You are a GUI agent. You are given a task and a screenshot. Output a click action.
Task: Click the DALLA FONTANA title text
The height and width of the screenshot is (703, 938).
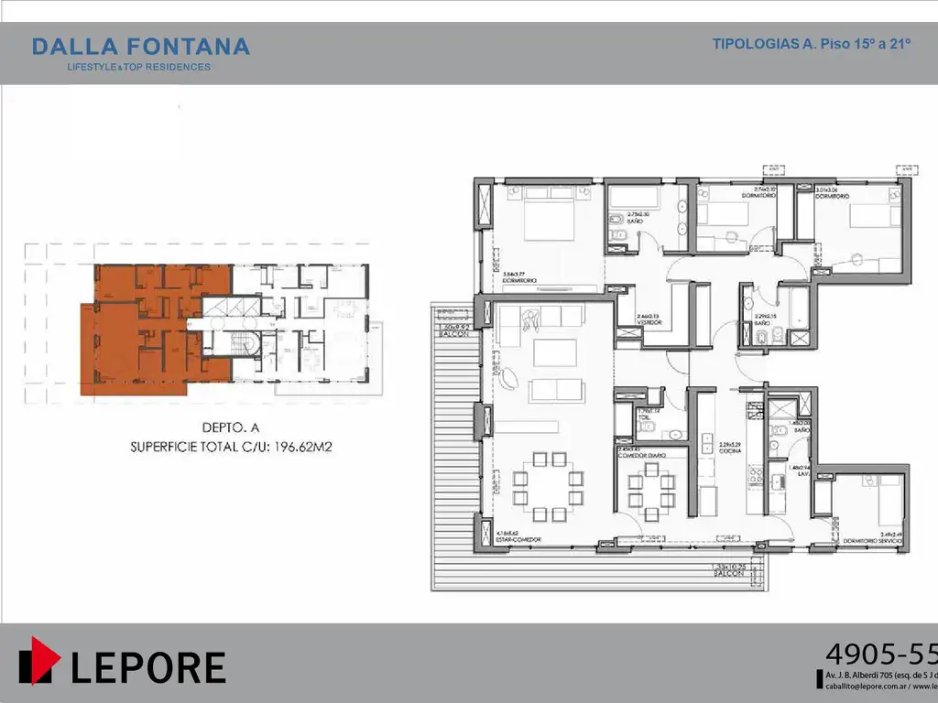(x=140, y=46)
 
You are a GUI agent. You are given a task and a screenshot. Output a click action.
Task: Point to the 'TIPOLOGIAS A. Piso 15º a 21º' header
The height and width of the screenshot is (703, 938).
(x=811, y=44)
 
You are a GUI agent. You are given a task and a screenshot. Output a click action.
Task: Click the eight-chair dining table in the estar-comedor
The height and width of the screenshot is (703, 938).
(x=548, y=485)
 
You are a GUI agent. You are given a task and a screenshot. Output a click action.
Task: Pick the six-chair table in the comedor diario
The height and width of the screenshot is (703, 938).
(x=651, y=492)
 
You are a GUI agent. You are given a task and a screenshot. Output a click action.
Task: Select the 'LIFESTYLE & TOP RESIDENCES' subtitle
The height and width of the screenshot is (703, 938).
(x=139, y=67)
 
